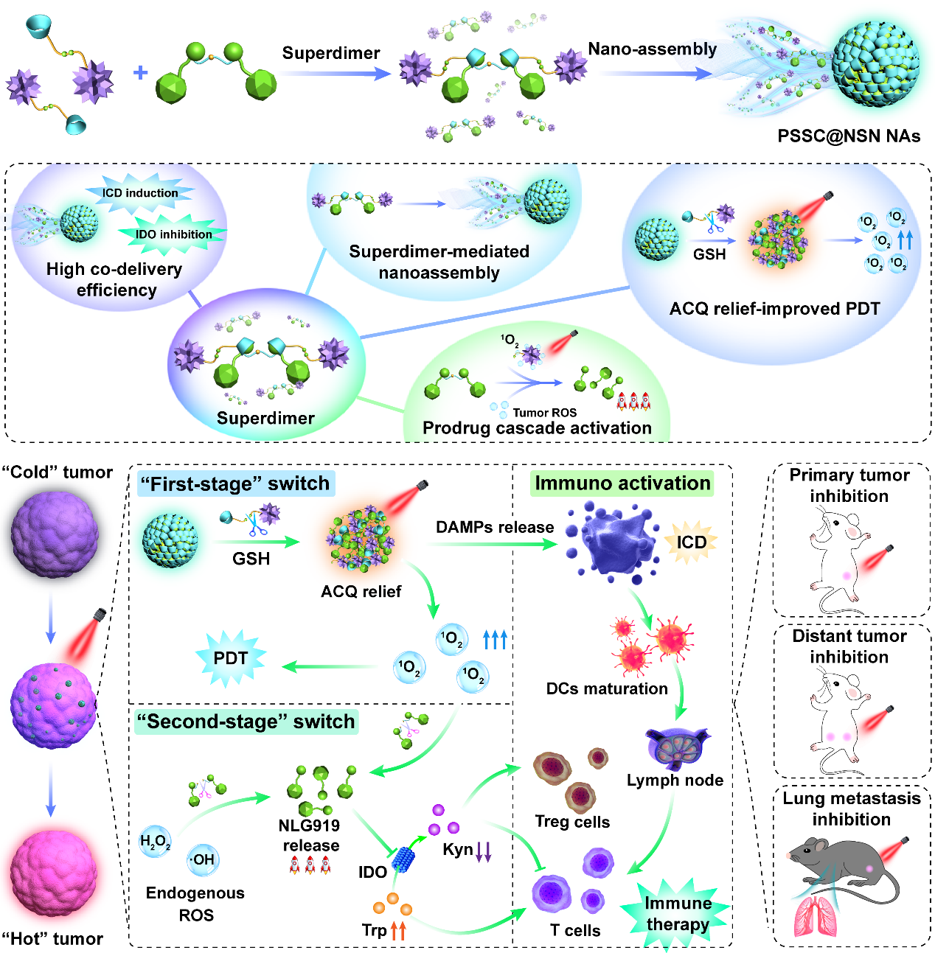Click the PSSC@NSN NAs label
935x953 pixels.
tap(849, 136)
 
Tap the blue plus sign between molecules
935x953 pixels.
tap(140, 72)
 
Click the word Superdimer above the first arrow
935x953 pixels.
tap(331, 53)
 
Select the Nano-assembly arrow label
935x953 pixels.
tap(652, 49)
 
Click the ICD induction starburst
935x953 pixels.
tap(140, 193)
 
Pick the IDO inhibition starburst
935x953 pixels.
tap(173, 234)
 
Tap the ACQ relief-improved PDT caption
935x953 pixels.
tap(774, 309)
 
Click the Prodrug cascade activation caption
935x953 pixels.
tap(537, 428)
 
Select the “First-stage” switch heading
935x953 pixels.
tap(235, 484)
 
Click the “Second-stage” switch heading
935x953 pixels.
tap(246, 722)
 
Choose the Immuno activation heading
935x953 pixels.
tap(622, 484)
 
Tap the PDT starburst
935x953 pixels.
tap(230, 658)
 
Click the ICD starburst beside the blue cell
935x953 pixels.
tap(691, 542)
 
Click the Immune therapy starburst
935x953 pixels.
tap(677, 914)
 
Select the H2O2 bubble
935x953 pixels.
tap(155, 841)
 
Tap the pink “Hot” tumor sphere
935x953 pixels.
tap(54, 873)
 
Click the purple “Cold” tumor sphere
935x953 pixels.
tap(54, 533)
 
